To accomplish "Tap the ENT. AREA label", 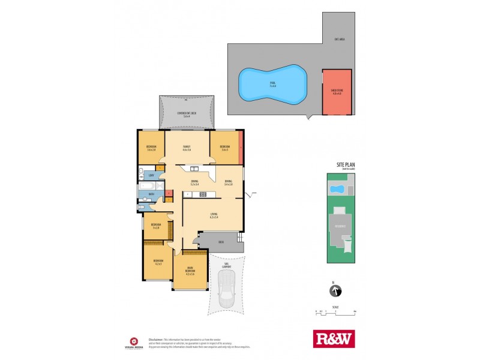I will pyautogui.click(x=339, y=40).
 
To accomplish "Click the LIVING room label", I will pyautogui.click(x=213, y=215).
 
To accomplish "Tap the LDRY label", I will pyautogui.click(x=151, y=175).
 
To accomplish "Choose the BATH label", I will pyautogui.click(x=152, y=194).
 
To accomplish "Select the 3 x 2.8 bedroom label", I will pyautogui.click(x=156, y=227).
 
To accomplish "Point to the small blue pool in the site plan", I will pyautogui.click(x=338, y=190).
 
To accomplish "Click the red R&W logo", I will pyautogui.click(x=334, y=339).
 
